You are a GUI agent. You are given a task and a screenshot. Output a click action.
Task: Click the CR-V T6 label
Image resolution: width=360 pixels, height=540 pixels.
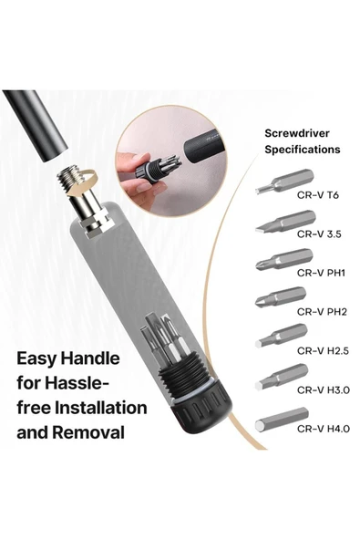pos(318,195)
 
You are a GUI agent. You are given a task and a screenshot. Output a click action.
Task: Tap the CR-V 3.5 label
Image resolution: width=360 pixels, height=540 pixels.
pos(319,234)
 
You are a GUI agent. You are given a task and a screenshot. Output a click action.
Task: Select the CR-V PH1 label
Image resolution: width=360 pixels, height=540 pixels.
pos(321,273)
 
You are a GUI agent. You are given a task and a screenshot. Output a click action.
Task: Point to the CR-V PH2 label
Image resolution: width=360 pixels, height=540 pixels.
pos(322,312)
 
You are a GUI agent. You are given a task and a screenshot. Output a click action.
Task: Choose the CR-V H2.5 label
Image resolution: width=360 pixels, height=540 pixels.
pos(324,350)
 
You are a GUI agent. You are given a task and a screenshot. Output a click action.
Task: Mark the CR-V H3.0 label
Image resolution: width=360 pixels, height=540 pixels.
pos(324,389)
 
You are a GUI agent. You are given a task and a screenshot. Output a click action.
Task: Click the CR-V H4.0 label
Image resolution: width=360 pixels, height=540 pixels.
pos(324,429)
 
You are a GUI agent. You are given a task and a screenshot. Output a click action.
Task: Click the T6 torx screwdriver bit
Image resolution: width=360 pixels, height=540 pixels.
pos(284,182)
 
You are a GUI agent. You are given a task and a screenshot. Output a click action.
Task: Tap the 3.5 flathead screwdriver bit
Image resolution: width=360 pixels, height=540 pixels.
pos(285,222)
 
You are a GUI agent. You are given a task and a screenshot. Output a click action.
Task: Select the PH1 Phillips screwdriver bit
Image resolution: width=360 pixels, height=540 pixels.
pos(284,260)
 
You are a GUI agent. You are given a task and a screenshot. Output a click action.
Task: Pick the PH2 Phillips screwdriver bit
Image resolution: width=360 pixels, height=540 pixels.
pos(280,297)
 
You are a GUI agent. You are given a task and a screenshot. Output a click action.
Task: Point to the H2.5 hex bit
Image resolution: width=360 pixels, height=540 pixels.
pos(282,336)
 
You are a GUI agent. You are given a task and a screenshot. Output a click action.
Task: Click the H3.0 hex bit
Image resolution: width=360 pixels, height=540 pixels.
pos(282,377)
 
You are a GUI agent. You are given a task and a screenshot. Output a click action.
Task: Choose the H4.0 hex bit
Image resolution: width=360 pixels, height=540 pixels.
pos(282,420)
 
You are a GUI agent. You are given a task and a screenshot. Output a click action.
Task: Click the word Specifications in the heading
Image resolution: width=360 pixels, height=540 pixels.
pos(303,150)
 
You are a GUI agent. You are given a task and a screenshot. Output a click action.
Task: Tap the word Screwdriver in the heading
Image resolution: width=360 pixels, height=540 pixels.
pos(297,133)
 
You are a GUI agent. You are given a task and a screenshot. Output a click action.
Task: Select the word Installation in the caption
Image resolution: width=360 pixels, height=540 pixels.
pos(101,408)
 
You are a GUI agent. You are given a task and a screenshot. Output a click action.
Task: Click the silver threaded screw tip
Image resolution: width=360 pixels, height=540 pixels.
pos(72,181)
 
